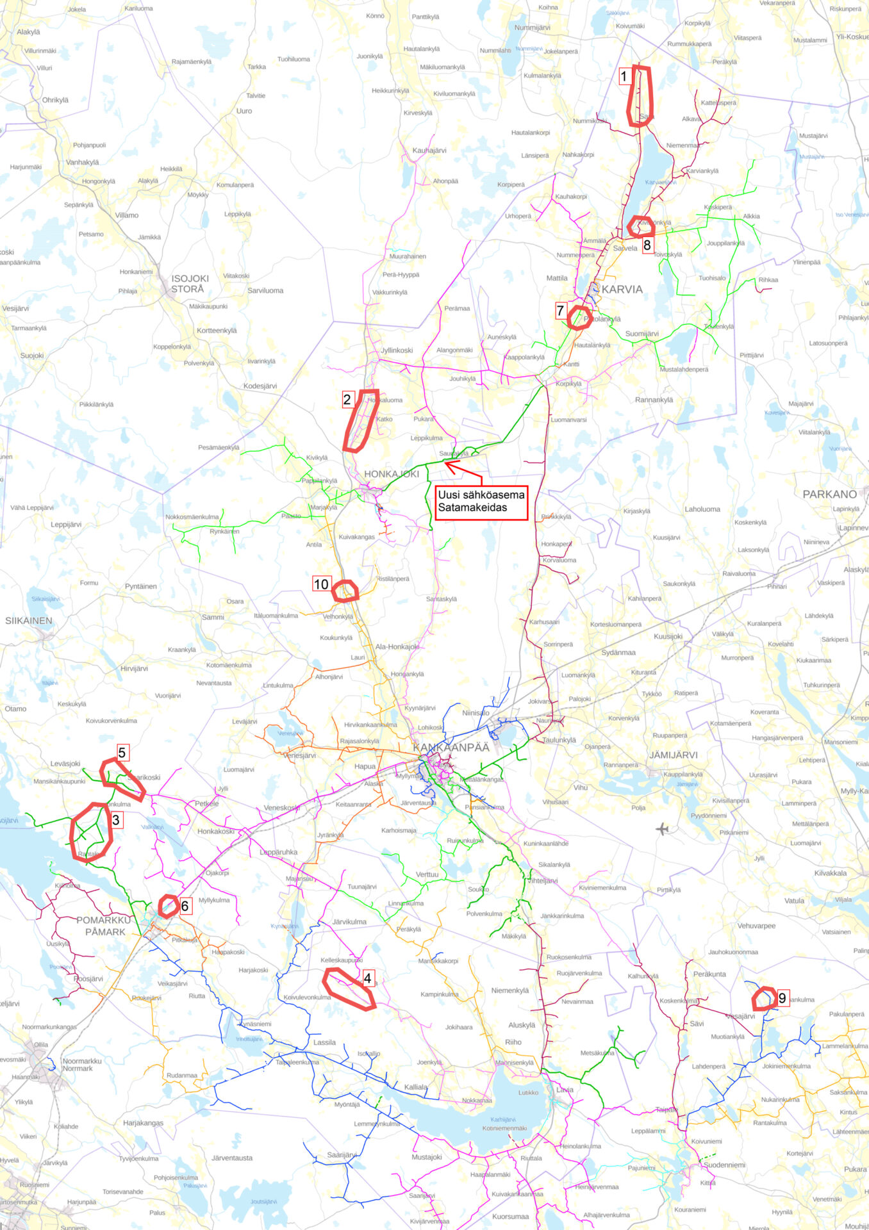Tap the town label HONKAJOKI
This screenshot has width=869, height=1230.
391,474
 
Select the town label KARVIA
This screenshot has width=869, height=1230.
622,290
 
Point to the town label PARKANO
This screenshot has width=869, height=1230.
829,494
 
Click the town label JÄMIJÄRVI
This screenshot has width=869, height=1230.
673,755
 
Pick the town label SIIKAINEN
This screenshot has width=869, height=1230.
29,621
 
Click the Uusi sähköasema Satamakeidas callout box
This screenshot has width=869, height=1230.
481,501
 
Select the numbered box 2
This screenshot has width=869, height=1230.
347,400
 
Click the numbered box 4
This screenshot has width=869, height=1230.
367,978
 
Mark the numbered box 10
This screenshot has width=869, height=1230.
321,584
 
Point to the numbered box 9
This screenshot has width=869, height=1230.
782,998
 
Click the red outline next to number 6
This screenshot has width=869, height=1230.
168,906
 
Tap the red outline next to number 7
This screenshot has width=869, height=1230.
579,318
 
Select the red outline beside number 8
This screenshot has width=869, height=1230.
641,226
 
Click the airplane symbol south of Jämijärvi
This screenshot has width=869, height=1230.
662,830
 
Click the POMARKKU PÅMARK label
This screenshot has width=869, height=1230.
104,926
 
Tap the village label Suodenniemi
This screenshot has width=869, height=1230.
724,1165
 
